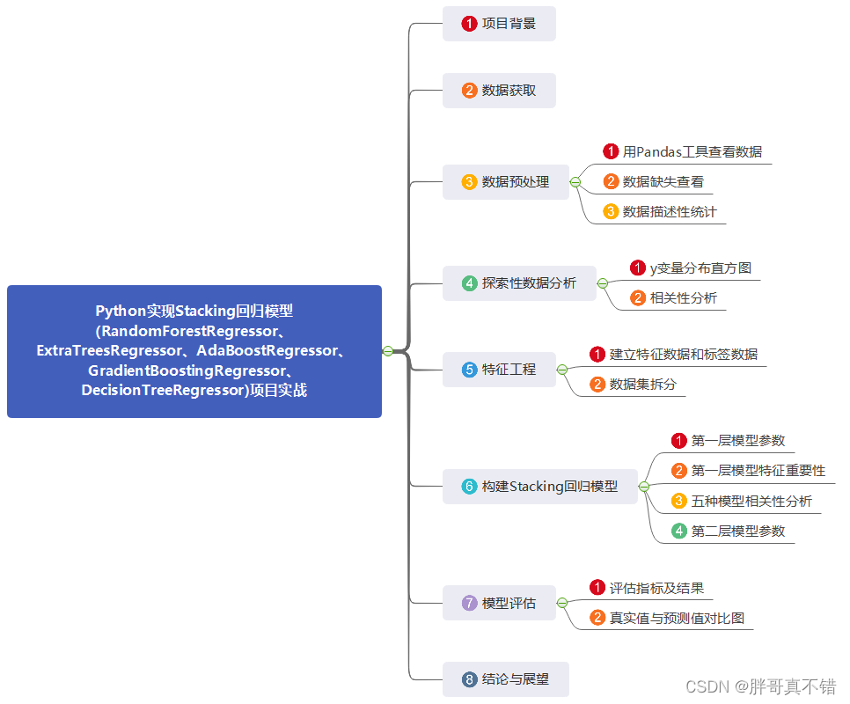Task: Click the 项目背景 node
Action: [499, 24]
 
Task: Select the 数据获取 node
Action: [499, 91]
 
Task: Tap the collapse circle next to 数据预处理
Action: [575, 182]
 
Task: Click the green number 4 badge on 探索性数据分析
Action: [470, 283]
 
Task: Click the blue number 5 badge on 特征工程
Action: [470, 370]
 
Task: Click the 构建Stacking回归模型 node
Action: [539, 487]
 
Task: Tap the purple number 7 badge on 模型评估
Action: [470, 604]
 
